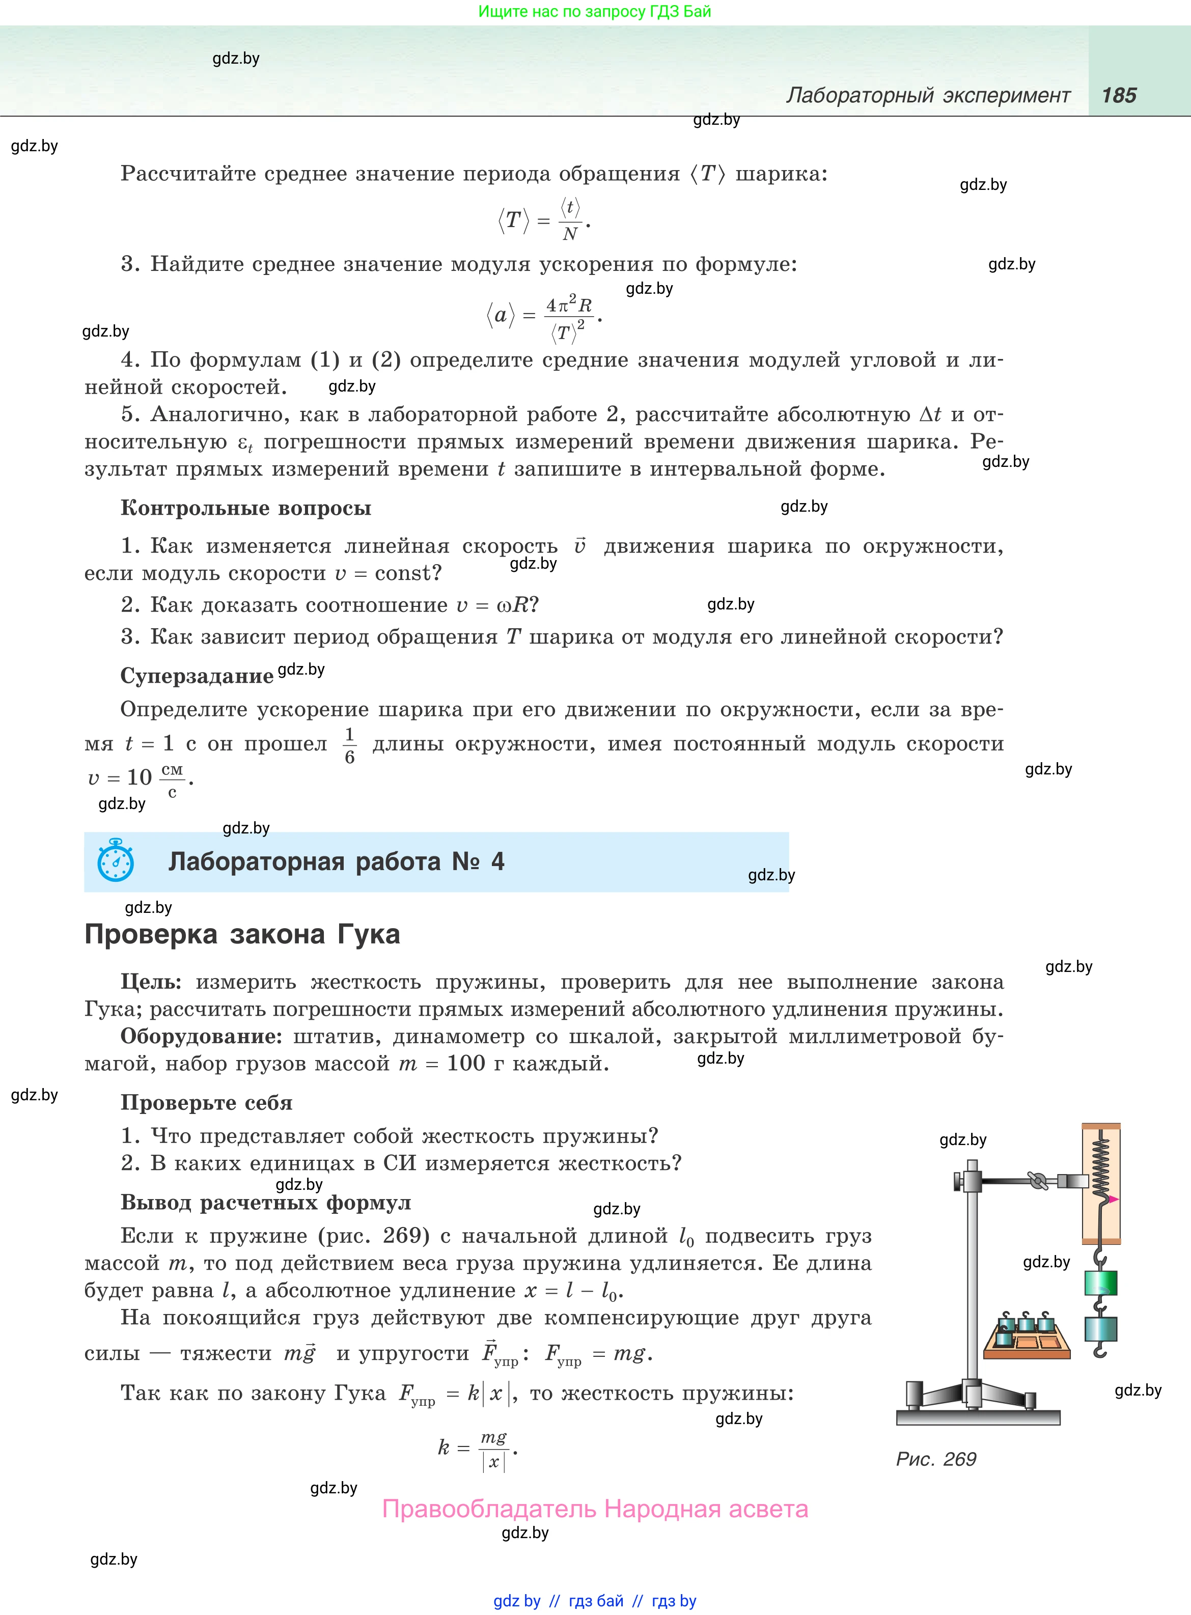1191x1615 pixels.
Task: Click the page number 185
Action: (1119, 95)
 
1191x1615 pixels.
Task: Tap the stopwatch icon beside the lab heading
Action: (116, 860)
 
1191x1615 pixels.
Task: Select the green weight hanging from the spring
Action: (1101, 1283)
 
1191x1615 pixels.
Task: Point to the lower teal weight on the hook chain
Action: (1100, 1329)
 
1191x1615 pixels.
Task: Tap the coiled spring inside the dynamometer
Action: (1101, 1163)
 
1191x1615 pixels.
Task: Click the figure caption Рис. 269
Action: (936, 1459)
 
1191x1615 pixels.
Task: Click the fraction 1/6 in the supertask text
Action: (350, 745)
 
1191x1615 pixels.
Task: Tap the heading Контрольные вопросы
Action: (246, 508)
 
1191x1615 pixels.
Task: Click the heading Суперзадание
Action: (197, 676)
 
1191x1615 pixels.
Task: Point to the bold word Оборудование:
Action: (201, 1036)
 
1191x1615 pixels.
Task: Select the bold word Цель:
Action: (151, 982)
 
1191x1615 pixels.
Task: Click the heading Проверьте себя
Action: (206, 1103)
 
